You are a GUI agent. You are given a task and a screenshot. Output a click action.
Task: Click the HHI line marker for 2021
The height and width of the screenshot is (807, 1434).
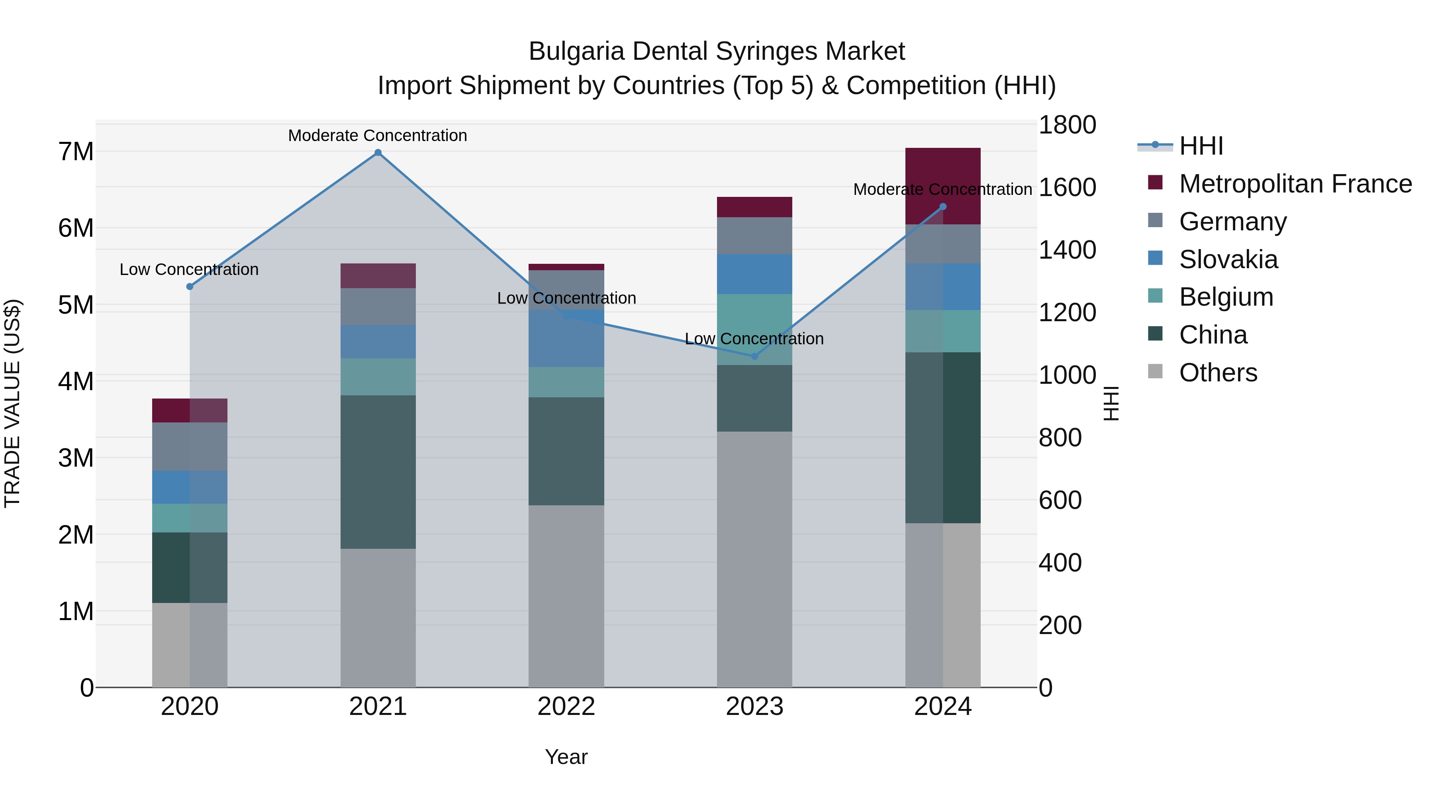tap(378, 153)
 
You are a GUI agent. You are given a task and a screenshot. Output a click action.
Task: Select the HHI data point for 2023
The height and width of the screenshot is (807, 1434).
tap(755, 356)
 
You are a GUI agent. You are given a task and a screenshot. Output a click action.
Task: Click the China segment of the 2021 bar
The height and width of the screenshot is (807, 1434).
tap(378, 472)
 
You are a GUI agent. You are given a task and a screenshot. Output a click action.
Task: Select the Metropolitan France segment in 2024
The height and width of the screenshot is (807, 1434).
tap(942, 186)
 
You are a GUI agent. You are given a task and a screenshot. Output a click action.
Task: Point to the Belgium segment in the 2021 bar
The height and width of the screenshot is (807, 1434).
tap(378, 377)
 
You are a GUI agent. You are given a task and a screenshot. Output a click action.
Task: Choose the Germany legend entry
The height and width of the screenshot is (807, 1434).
tap(1232, 222)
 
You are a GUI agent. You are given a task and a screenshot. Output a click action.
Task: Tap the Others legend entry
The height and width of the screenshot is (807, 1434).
tap(1218, 373)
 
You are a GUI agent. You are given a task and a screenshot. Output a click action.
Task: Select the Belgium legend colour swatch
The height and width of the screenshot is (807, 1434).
tap(1155, 296)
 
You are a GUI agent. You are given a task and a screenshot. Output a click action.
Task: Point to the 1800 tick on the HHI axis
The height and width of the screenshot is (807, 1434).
tap(1067, 125)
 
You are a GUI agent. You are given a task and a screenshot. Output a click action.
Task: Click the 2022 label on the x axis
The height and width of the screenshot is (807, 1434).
tap(566, 707)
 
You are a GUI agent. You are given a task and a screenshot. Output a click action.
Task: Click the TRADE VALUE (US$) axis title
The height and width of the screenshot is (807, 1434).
tap(12, 403)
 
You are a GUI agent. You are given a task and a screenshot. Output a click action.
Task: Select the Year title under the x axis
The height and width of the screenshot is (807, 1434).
tap(566, 757)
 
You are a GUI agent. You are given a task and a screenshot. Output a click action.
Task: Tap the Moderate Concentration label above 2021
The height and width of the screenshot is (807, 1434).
tap(378, 135)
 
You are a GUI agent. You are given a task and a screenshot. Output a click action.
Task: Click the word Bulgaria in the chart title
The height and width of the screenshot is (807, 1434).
tap(576, 51)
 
